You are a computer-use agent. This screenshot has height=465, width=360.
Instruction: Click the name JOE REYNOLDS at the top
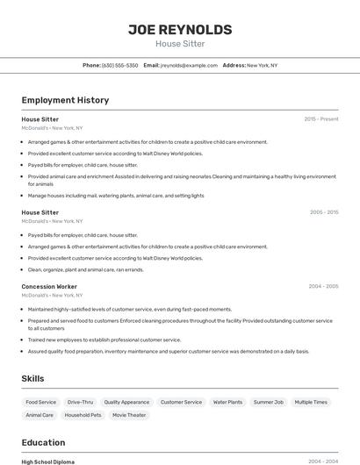[x=180, y=30]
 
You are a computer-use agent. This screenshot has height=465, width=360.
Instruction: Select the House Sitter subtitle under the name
[x=180, y=44]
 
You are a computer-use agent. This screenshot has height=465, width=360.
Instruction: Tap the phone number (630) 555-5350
[x=119, y=66]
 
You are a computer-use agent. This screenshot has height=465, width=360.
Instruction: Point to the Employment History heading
[x=65, y=100]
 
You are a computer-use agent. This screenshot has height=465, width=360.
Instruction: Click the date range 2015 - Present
[x=321, y=119]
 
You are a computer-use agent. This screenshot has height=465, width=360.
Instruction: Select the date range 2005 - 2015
[x=324, y=212]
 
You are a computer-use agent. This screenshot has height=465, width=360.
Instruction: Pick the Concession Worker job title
[x=49, y=287]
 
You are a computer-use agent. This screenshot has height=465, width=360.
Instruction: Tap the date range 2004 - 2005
[x=324, y=287]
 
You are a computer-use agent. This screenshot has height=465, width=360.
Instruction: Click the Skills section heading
[x=33, y=378]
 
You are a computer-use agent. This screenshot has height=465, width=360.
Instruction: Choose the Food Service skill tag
[x=41, y=402]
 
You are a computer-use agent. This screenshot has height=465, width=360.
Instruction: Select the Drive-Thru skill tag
[x=80, y=402]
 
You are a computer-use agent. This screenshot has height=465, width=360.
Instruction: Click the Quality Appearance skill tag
[x=126, y=402]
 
